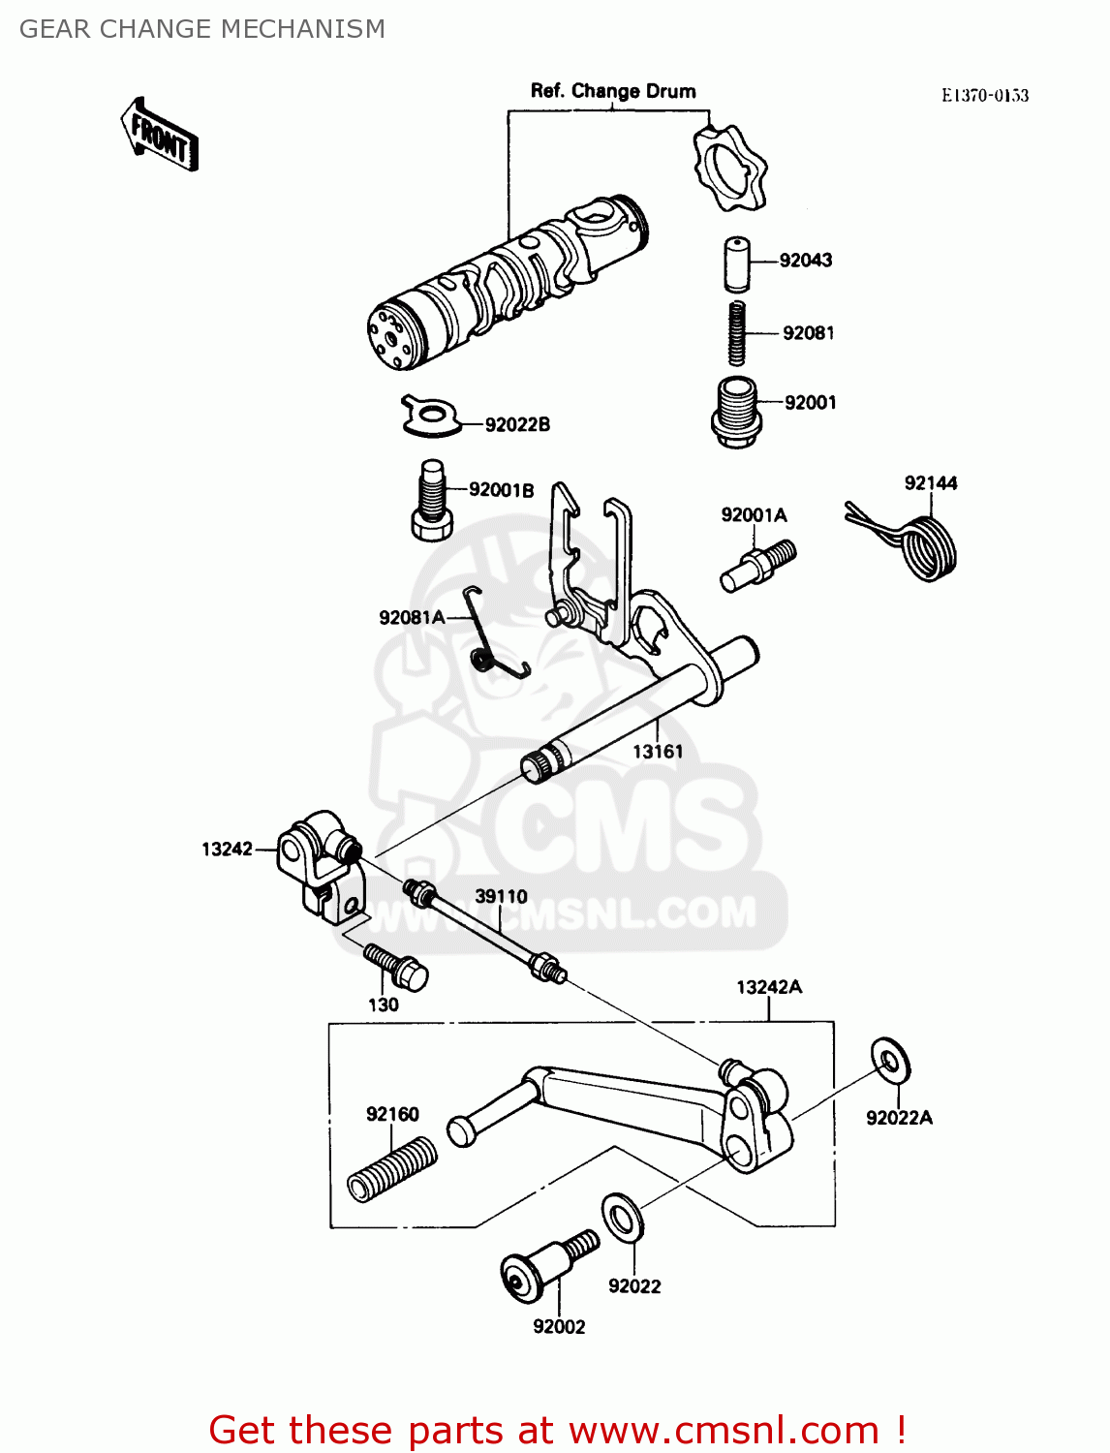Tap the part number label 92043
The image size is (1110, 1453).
coord(805,260)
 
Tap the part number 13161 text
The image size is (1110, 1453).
coord(658,752)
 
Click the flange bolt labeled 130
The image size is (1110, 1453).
coord(397,968)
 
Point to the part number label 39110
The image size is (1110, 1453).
coord(501,897)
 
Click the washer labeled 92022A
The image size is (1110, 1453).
coord(890,1062)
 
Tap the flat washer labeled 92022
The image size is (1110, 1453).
coord(623,1218)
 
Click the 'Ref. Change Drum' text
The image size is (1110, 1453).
coord(613,91)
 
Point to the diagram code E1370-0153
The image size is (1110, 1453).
coord(985,95)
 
